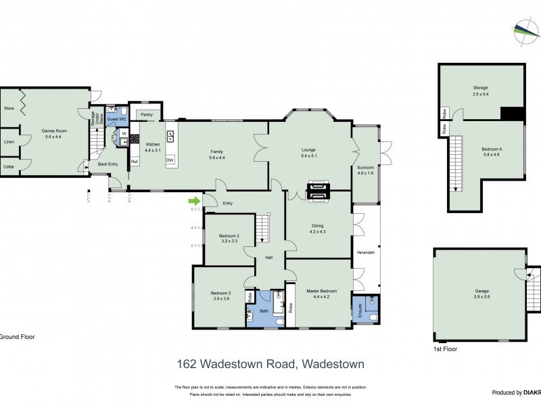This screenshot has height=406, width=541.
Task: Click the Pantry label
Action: pos(147,115)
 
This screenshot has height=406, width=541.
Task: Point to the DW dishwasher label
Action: pos(170,160)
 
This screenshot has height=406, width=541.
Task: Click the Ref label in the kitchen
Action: pos(134,162)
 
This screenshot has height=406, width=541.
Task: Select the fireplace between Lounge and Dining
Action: pos(316,191)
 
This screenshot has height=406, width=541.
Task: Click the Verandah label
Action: pos(365,252)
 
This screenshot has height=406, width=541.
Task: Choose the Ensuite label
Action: pos(360,310)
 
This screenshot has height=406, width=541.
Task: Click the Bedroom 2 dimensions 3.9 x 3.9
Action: pos(222,298)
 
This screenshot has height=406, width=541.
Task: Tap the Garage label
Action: pos(481,291)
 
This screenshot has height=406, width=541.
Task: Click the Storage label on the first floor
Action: pos(480,87)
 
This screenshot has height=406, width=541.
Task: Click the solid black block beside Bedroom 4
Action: pos(512,114)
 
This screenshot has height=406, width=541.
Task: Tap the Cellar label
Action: pos(9,166)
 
